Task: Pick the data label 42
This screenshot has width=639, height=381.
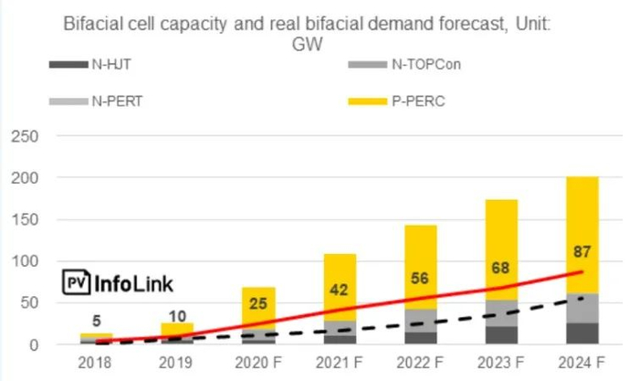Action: click(339, 290)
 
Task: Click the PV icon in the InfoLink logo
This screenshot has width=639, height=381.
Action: click(77, 282)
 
